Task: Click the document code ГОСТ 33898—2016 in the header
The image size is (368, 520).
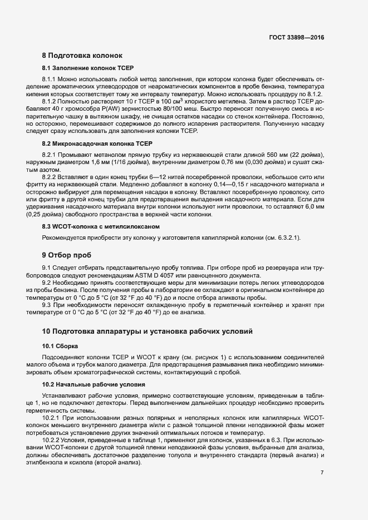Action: click(x=296, y=37)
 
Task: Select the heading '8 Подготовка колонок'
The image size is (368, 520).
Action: click(x=86, y=56)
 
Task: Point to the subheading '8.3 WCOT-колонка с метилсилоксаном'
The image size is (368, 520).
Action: click(x=93, y=226)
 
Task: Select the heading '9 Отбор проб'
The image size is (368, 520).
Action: click(x=67, y=255)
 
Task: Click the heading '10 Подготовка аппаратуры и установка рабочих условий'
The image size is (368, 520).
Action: click(x=148, y=331)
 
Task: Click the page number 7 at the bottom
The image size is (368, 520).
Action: click(x=322, y=473)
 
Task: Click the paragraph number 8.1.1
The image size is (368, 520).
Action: click(x=51, y=80)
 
